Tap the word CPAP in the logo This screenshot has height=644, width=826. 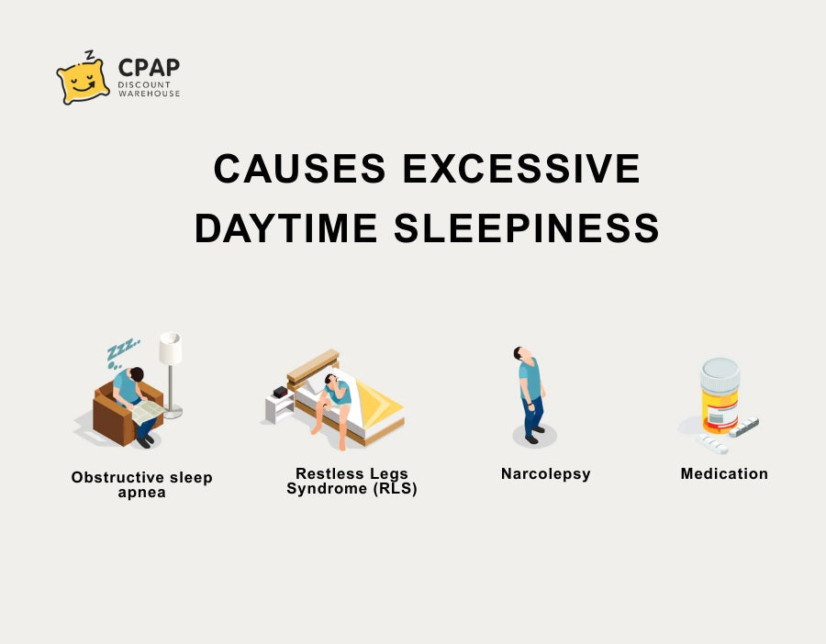(149, 67)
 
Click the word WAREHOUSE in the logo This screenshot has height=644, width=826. (149, 94)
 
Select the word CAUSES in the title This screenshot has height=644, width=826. (299, 169)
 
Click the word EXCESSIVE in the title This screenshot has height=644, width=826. (521, 169)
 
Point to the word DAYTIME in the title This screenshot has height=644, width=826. (286, 228)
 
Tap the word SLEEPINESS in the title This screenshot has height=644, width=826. (526, 228)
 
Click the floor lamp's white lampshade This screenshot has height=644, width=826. (170, 348)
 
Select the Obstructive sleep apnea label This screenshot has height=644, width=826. (141, 484)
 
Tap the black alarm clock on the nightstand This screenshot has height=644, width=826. (280, 392)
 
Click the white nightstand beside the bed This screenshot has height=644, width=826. (279, 407)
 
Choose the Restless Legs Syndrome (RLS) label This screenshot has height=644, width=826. (352, 482)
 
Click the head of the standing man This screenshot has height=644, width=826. (519, 353)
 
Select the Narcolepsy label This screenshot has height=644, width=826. (546, 474)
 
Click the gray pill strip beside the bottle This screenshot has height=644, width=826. (743, 427)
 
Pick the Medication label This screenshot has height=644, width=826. (724, 474)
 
